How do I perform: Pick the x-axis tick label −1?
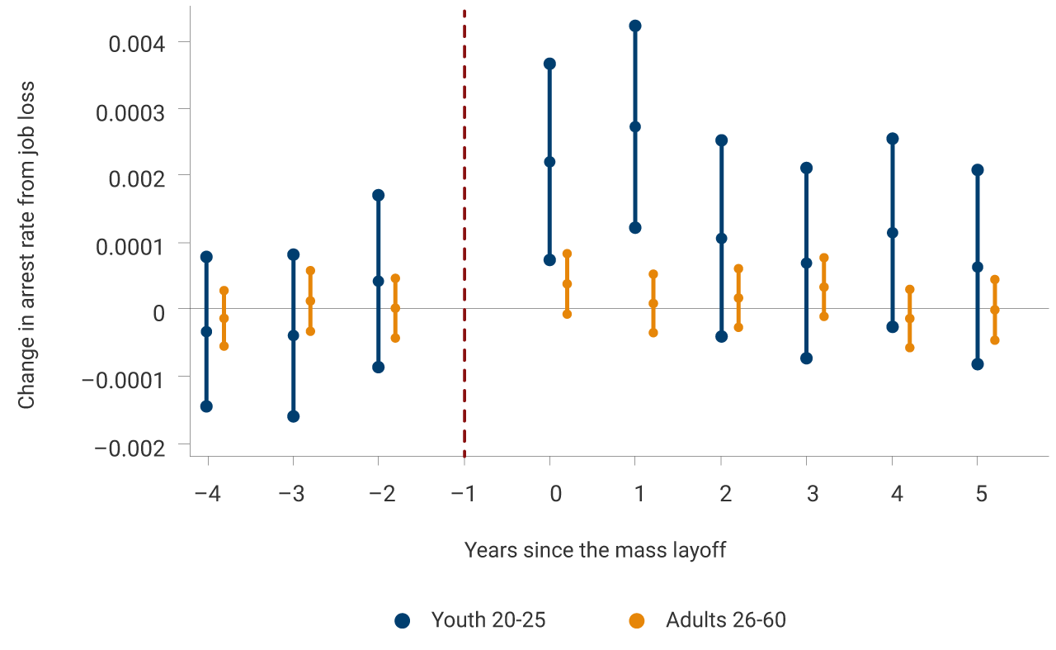pos(464,494)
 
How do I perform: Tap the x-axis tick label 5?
pos(982,494)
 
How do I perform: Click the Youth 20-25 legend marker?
pos(403,621)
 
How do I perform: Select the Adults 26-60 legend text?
pos(725,620)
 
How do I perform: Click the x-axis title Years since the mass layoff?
pos(595,550)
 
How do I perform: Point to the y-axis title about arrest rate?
pos(27,244)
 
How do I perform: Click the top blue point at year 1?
pos(635,26)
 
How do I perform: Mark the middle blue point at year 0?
pos(549,162)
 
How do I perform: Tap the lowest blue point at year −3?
pos(293,416)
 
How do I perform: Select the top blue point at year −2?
pos(378,195)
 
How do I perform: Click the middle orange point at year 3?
pos(823,287)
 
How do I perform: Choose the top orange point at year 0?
pos(567,254)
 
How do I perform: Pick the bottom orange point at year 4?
pos(910,348)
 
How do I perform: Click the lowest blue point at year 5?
pos(978,364)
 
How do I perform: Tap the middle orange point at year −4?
pos(224,318)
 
